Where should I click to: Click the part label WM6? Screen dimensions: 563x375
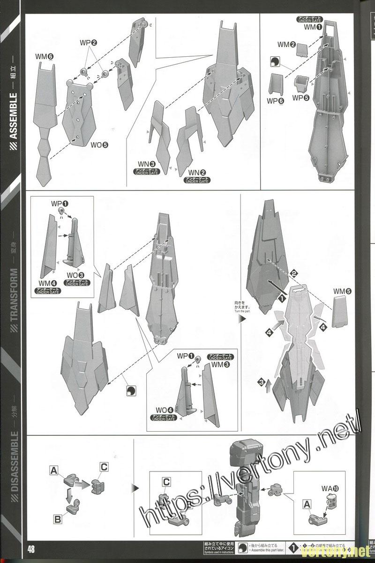point(45,57)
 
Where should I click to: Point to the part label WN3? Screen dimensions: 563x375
point(146,163)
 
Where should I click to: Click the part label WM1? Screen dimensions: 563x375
point(313,27)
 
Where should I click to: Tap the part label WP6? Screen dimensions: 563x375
point(276,101)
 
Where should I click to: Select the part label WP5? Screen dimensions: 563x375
point(300,98)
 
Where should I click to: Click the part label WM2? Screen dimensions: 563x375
point(286,45)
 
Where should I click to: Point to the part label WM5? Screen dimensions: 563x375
point(342,291)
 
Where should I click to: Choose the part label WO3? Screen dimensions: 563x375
point(75,275)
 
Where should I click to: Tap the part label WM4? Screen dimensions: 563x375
point(47,283)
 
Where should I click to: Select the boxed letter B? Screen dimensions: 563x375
point(58,519)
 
